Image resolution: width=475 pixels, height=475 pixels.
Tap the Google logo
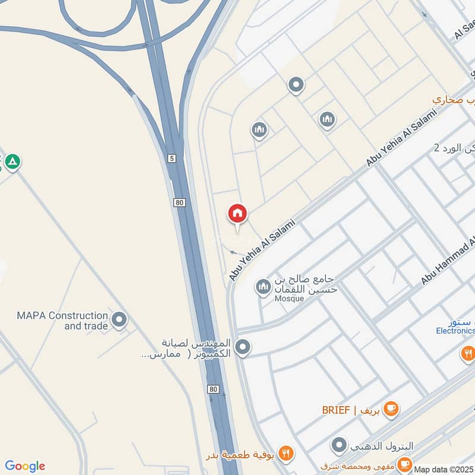pyautogui.click(x=24, y=466)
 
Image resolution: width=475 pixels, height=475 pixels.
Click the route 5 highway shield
pyautogui.click(x=172, y=158)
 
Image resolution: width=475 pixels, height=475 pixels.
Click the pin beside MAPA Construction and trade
pyautogui.click(x=119, y=321)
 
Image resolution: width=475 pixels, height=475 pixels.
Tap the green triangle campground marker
pyautogui.click(x=12, y=161)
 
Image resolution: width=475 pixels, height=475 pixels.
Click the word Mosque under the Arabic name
pyautogui.click(x=290, y=299)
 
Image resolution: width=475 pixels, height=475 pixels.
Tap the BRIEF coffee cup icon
pyautogui.click(x=390, y=408)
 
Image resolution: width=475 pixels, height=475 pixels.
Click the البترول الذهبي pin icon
pyautogui.click(x=339, y=445)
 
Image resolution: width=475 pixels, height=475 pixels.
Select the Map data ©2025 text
pyautogui.click(x=444, y=469)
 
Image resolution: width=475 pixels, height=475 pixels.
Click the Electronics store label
pyautogui.click(x=455, y=331)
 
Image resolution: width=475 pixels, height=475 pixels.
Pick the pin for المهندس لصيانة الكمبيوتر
pyautogui.click(x=242, y=347)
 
